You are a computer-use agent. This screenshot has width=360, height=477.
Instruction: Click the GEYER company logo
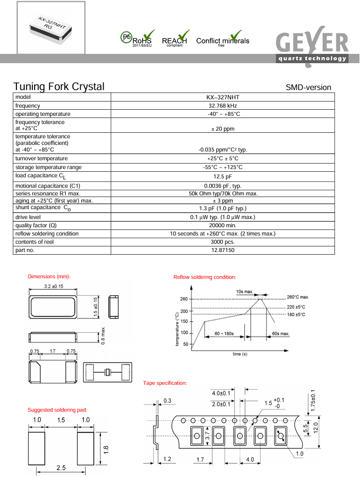(312, 46)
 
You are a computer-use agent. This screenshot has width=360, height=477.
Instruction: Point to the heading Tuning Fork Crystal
(59, 87)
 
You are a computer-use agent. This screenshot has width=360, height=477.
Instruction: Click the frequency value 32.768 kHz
(222, 105)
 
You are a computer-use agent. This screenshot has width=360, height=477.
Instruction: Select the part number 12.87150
(222, 250)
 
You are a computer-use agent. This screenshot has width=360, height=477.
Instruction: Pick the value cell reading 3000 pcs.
(222, 242)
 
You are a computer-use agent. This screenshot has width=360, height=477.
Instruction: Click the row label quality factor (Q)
(36, 225)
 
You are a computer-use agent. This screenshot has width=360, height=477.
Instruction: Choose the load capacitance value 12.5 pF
(222, 177)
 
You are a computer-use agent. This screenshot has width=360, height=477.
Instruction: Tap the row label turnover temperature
(42, 159)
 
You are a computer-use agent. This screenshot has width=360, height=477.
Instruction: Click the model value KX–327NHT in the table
(222, 97)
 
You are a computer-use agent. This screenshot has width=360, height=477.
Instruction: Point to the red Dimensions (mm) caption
(49, 276)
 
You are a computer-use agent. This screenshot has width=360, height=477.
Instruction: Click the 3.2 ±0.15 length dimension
(53, 287)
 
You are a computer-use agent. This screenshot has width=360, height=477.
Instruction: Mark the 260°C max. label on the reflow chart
(298, 297)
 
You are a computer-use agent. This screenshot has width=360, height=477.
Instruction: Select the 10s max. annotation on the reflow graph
(244, 291)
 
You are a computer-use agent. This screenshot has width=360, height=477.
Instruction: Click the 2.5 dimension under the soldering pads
(61, 467)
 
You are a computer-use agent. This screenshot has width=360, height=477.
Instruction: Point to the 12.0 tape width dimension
(315, 427)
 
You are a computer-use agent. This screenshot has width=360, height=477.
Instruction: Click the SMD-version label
(308, 88)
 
